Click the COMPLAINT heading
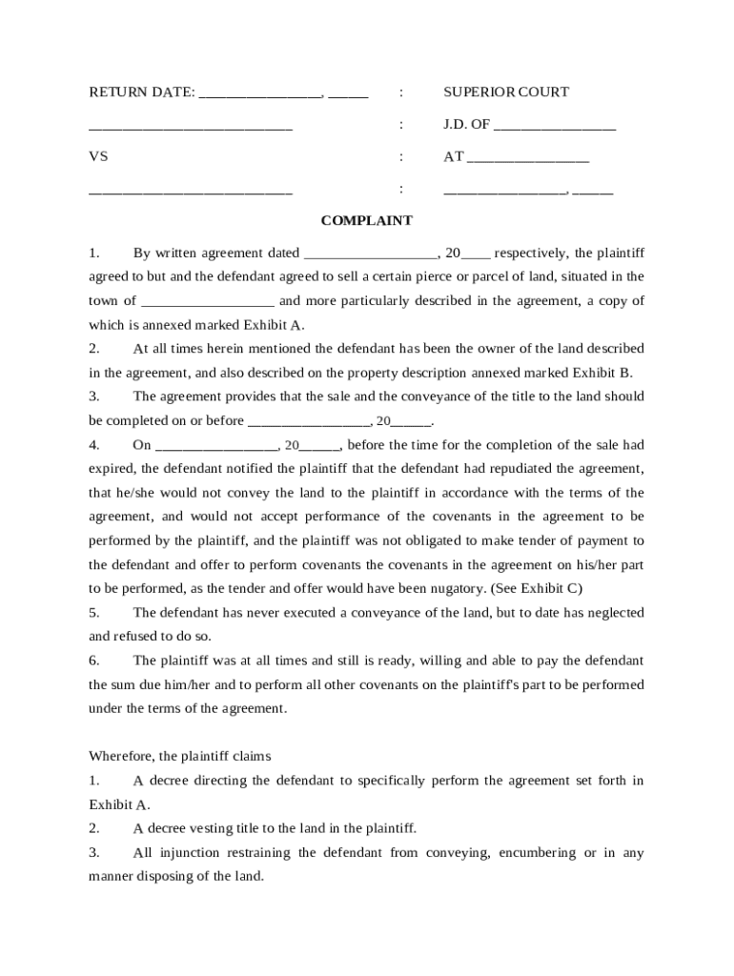point(366,220)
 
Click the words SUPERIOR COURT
point(505,92)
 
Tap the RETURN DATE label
point(141,92)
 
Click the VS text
point(98,156)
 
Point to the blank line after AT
point(528,158)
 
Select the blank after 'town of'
point(207,302)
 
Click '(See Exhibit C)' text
point(536,588)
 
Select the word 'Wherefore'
point(122,756)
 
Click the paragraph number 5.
point(93,612)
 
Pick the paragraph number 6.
point(93,661)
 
